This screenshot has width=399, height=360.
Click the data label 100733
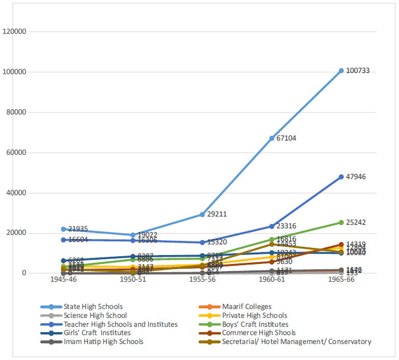click(x=361, y=71)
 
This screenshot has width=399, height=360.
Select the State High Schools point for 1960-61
click(x=272, y=138)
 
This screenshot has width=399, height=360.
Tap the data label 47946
click(x=359, y=177)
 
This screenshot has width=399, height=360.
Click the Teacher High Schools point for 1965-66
click(x=341, y=177)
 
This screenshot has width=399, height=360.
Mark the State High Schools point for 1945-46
click(x=64, y=229)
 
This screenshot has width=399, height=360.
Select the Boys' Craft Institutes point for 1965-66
click(x=341, y=222)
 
